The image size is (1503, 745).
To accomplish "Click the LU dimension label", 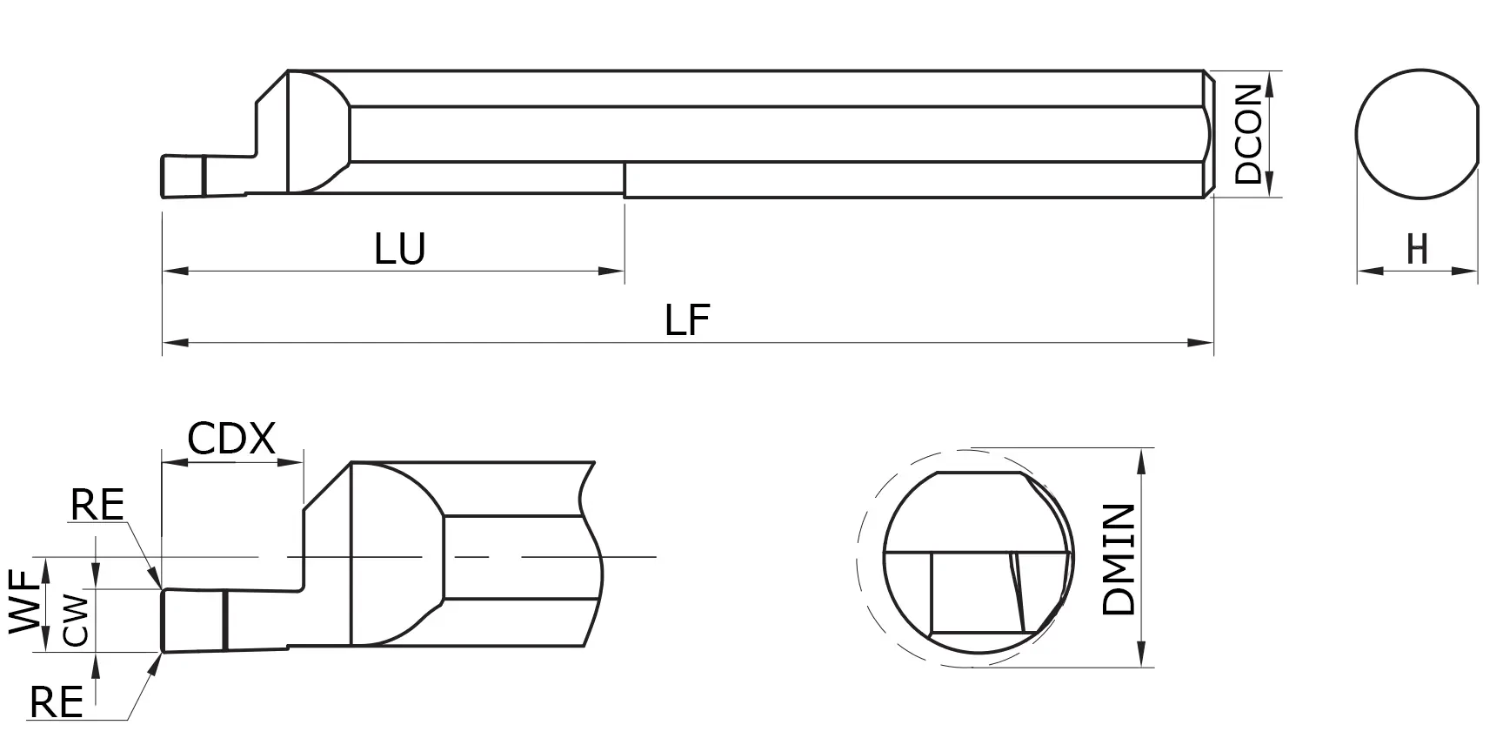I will pos(400,249).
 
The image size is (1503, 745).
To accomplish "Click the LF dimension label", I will pos(687,320).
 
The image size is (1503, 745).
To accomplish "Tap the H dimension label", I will pos(1418,250).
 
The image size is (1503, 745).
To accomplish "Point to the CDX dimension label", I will pos(231,439).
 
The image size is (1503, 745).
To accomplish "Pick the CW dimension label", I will pos(77,620).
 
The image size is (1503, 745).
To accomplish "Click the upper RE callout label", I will pos(97,505).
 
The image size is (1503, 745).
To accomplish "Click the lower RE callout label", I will pos(56,701).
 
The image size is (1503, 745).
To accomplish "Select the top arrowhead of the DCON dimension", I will pos(1269,81).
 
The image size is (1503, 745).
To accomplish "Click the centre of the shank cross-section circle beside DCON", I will pos(1417,133).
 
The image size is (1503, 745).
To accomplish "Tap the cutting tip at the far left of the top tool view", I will pos(165,176).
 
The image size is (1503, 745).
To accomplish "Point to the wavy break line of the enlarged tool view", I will pos(591,557).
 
